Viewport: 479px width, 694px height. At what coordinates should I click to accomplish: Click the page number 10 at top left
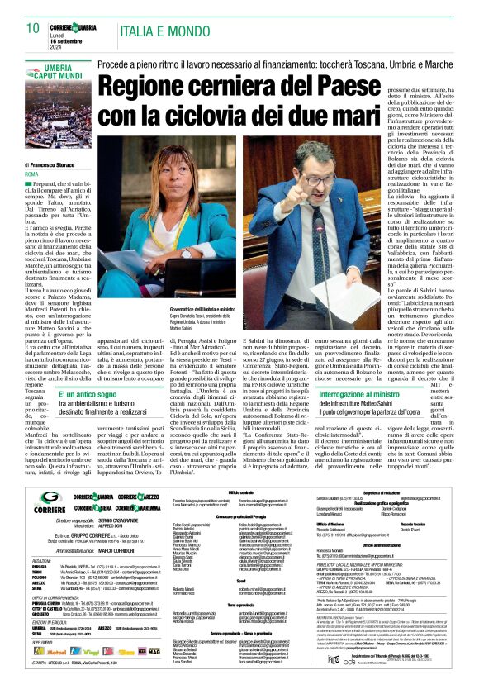coord(32,29)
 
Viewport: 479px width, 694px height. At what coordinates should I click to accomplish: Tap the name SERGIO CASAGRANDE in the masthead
coord(119,500)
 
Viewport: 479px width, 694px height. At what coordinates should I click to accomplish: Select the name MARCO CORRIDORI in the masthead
coord(110,525)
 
